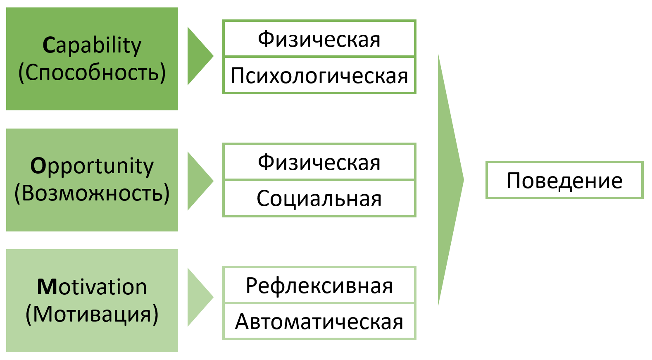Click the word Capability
click(x=92, y=45)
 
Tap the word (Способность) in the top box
click(x=92, y=73)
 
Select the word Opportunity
click(x=92, y=166)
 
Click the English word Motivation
click(x=92, y=287)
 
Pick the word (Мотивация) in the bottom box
click(x=92, y=314)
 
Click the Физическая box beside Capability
click(x=319, y=39)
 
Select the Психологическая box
click(x=319, y=75)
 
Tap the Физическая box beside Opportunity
click(x=319, y=162)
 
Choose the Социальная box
click(x=319, y=198)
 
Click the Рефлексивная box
click(x=319, y=285)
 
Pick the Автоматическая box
click(x=319, y=322)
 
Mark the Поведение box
click(x=564, y=180)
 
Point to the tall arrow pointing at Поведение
click(x=449, y=180)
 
